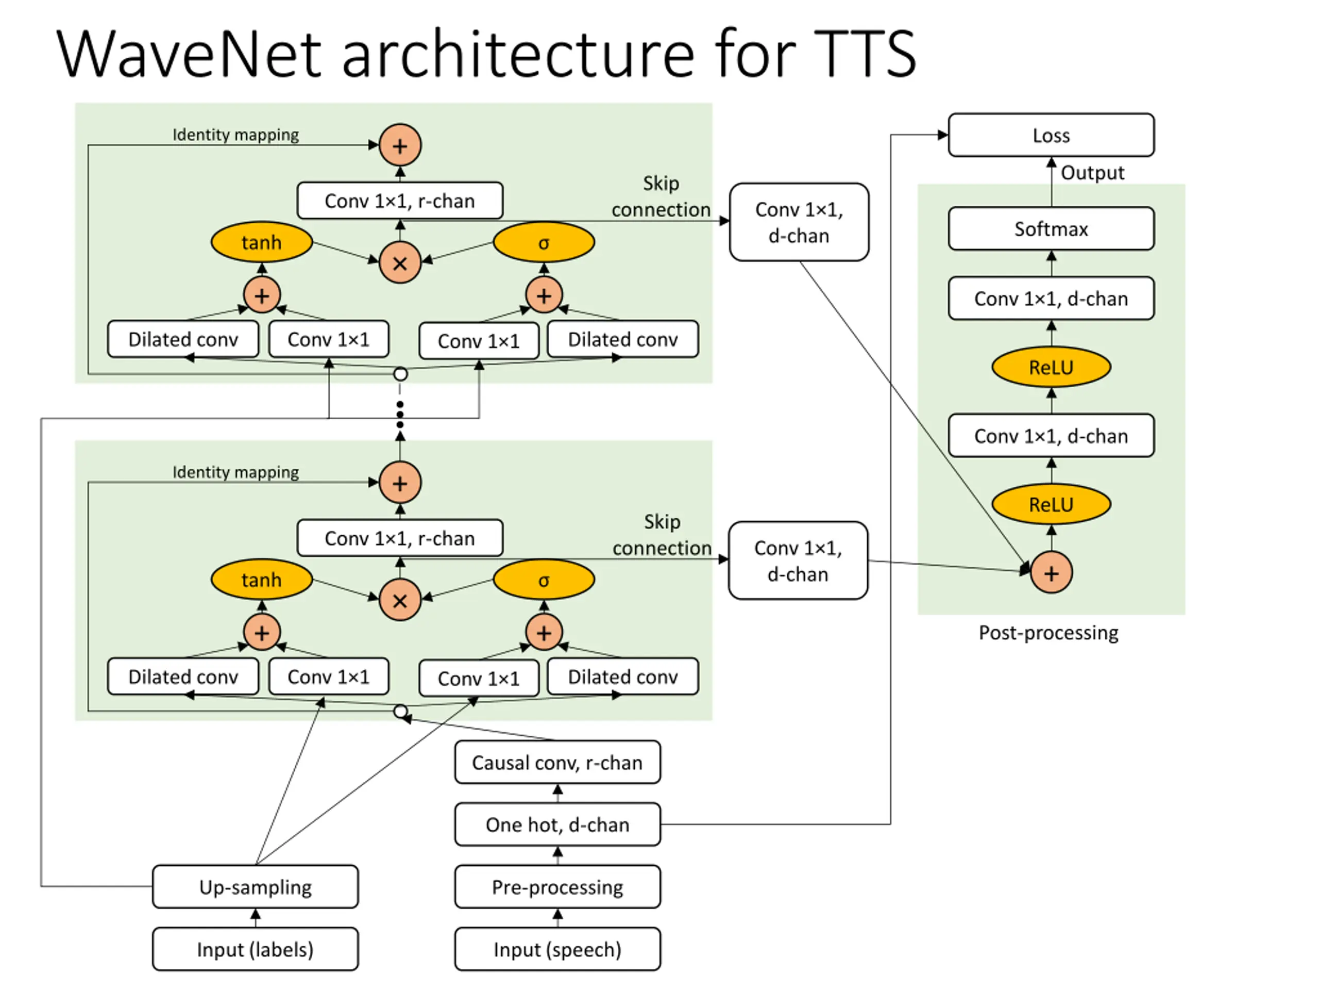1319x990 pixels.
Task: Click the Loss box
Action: [x=1051, y=135]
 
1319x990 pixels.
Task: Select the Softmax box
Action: [x=1051, y=228]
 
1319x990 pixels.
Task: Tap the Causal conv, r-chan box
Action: [x=557, y=762]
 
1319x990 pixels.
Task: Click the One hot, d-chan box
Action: [x=557, y=824]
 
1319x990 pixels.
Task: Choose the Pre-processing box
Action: [x=557, y=886]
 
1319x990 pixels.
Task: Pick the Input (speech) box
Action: [x=557, y=949]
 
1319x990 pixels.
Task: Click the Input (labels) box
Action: [x=255, y=949]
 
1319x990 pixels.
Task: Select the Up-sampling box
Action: [x=255, y=886]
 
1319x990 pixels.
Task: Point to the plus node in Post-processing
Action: [x=1051, y=573]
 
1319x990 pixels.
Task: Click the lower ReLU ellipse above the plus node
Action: [x=1051, y=504]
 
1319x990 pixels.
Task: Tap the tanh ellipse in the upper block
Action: [x=261, y=242]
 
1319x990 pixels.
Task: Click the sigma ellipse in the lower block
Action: [x=544, y=580]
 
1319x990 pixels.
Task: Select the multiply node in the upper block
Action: [x=400, y=262]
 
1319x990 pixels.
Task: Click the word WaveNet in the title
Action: [x=189, y=54]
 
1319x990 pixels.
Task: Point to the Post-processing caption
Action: [x=1049, y=633]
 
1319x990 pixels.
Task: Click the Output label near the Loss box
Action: [x=1092, y=172]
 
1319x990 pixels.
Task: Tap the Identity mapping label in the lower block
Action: [x=235, y=472]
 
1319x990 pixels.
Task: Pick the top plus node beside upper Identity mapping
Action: [x=400, y=145]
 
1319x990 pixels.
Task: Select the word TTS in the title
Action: [x=864, y=54]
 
